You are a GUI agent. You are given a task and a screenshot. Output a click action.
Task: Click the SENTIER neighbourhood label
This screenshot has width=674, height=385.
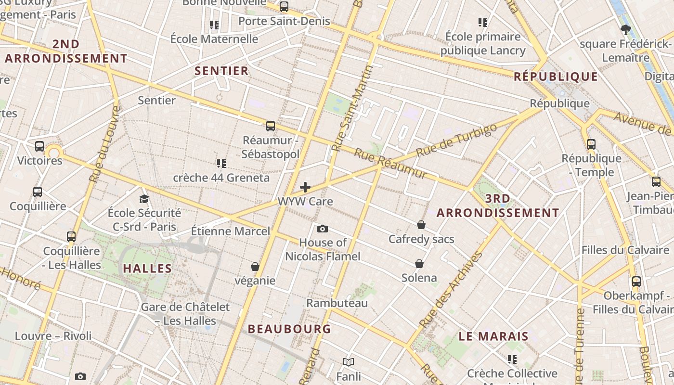point(221,71)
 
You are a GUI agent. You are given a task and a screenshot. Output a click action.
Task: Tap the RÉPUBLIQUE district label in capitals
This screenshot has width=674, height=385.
point(556,77)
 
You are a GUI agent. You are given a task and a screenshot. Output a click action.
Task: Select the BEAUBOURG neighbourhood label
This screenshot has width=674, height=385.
point(289,329)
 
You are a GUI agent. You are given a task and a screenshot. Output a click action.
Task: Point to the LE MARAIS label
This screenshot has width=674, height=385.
point(493,336)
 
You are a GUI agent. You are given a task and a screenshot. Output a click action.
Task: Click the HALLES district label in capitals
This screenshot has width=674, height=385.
point(147,269)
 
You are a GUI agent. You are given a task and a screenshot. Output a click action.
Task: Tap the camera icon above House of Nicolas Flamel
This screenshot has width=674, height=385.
point(323,229)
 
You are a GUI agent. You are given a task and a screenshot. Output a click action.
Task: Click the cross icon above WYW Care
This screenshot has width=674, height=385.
point(305,187)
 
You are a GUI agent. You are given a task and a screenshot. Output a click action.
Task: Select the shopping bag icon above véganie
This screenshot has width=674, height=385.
point(255,267)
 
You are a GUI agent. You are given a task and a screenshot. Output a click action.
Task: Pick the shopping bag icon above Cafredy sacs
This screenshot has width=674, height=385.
point(421,225)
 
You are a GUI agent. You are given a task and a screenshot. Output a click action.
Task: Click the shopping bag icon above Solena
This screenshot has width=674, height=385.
point(419,264)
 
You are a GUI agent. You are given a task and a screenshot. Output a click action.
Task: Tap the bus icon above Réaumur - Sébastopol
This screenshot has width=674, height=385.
point(271,126)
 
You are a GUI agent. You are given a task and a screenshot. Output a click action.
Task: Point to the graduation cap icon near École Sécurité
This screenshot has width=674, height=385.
point(144,199)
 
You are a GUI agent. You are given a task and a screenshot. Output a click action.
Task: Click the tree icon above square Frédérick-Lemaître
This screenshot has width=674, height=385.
point(625,30)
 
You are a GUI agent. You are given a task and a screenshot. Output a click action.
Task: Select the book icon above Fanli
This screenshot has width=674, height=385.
point(349,362)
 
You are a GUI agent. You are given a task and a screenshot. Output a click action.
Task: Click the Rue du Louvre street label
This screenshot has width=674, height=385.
point(104,144)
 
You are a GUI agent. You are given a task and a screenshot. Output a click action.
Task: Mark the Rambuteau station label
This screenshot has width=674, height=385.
point(337,303)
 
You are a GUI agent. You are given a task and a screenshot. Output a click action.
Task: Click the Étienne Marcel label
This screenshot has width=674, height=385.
point(231,231)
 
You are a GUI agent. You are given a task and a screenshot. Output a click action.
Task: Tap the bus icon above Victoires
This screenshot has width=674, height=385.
point(39,146)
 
